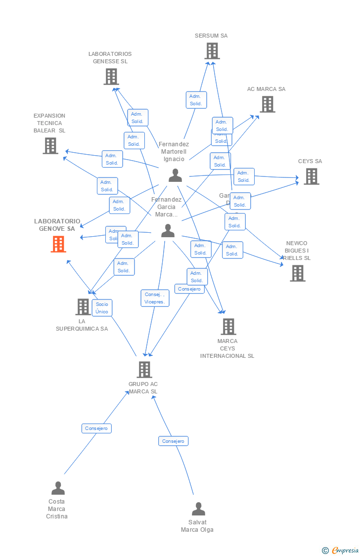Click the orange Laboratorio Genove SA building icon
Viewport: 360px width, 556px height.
click(x=58, y=244)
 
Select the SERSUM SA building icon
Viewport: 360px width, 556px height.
click(x=212, y=51)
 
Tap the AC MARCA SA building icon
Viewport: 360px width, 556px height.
click(x=268, y=104)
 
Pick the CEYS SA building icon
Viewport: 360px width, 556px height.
click(x=311, y=176)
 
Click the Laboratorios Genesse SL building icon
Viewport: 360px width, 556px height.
click(x=111, y=77)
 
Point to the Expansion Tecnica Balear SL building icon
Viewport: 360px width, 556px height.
click(x=50, y=146)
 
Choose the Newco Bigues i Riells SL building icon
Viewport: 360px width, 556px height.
click(x=297, y=273)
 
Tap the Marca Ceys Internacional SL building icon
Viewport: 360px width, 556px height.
click(x=228, y=327)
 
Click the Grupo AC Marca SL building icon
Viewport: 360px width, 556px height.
click(x=144, y=370)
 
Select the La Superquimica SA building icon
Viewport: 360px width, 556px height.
click(x=83, y=307)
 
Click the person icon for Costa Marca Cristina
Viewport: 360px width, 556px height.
click(x=58, y=488)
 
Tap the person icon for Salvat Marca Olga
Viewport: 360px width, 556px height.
click(x=198, y=509)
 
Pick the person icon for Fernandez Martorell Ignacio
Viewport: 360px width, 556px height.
click(x=175, y=175)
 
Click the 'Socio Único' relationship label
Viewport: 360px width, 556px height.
click(x=102, y=308)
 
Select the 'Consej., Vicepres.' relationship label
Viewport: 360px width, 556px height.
click(x=155, y=298)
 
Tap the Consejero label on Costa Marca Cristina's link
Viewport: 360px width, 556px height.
click(x=96, y=428)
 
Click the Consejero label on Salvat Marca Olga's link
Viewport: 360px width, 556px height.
click(x=173, y=441)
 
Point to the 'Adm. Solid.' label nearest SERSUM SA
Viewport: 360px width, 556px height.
click(x=196, y=100)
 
